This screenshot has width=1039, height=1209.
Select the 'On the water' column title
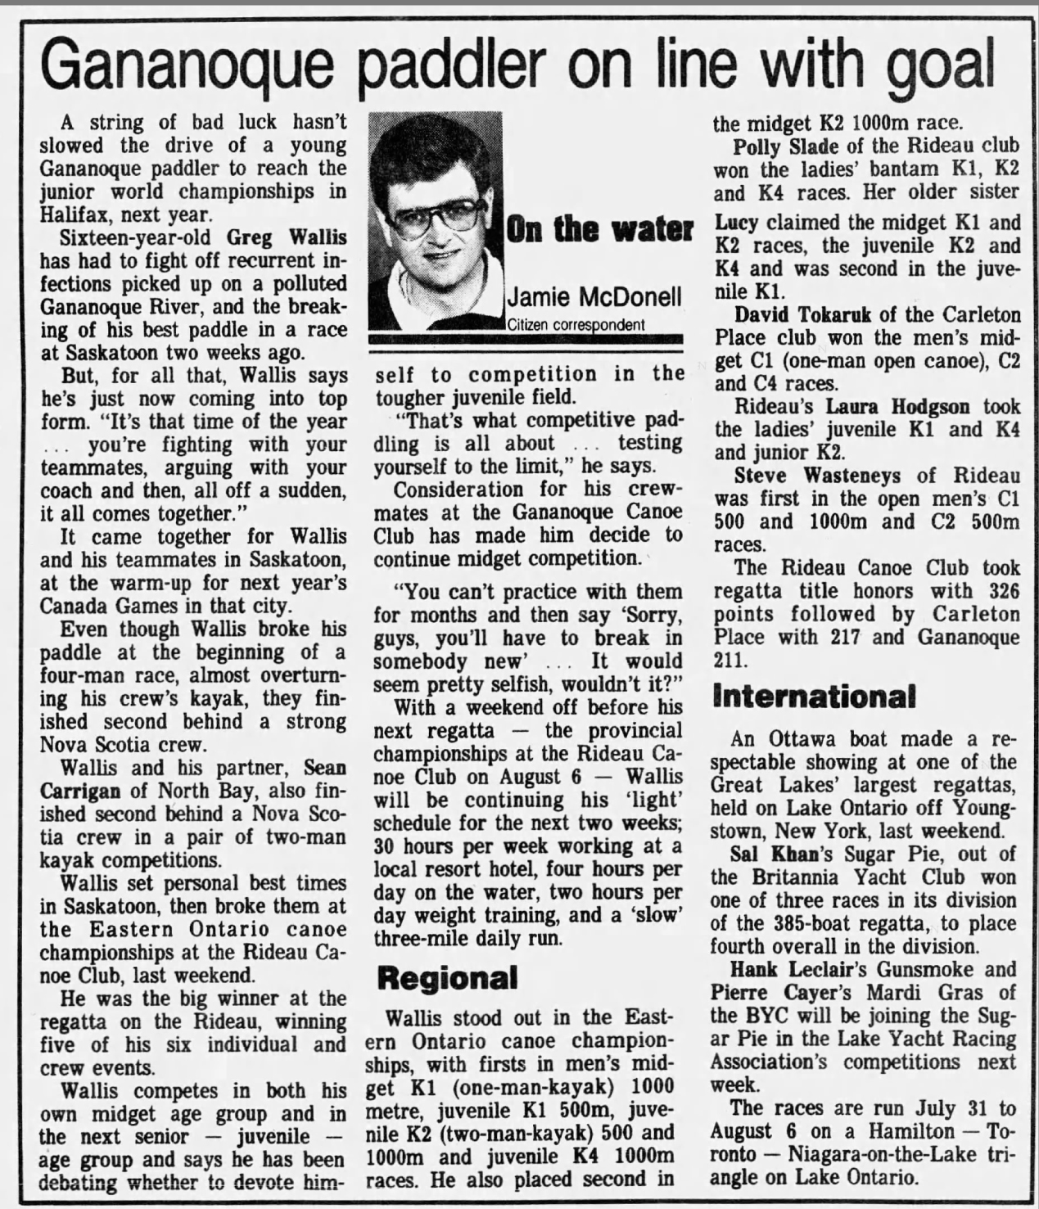599,230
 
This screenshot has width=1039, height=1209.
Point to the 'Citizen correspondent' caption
576,325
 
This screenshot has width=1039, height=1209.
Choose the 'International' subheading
814,696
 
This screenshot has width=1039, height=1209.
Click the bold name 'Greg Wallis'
286,238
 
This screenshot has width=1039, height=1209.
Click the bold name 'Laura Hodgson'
897,406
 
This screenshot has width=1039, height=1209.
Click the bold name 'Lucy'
736,223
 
